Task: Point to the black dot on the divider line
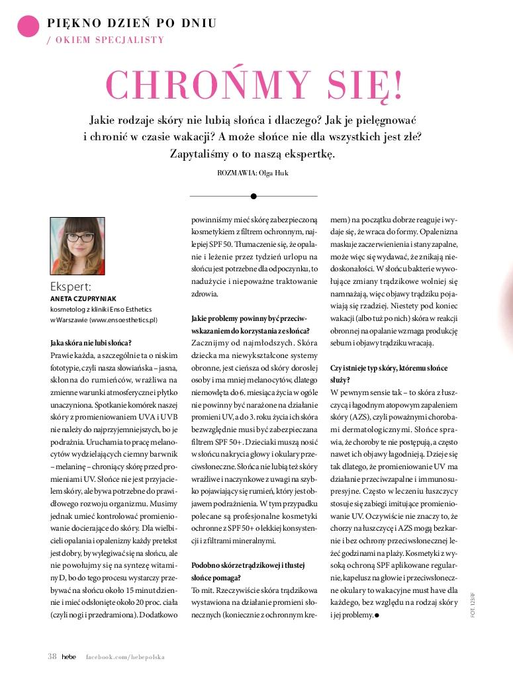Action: [x=254, y=196]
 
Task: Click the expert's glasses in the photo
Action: [x=78, y=236]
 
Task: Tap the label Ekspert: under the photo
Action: [x=70, y=287]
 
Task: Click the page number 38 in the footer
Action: [x=52, y=656]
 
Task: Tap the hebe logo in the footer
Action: [x=70, y=656]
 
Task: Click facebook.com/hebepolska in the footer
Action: [x=125, y=656]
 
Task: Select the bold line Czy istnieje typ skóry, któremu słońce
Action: [x=389, y=367]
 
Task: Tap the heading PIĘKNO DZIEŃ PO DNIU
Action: [x=132, y=23]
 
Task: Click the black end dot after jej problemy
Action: [x=377, y=615]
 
